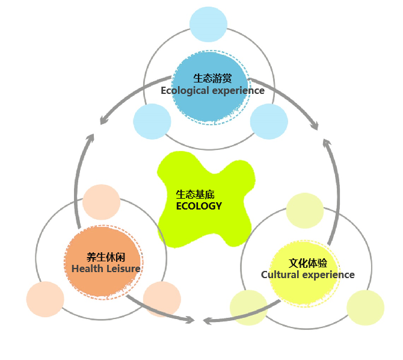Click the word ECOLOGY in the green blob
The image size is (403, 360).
(199, 206)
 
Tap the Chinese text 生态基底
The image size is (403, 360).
(195, 194)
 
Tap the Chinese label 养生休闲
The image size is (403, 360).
(106, 256)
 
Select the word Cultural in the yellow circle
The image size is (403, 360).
(280, 275)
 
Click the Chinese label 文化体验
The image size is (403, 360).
(308, 262)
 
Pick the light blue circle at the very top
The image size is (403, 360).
(208, 25)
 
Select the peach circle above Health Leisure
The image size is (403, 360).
(102, 202)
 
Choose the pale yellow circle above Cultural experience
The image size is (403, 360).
(305, 211)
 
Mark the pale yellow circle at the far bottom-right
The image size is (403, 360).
(365, 308)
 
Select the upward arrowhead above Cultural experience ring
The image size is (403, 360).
(327, 144)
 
